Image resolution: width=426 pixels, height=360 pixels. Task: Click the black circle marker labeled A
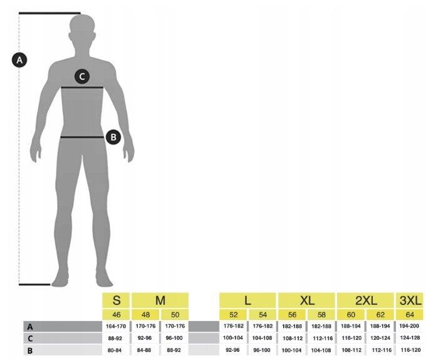coord(19,60)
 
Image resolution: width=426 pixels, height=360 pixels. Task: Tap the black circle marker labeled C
coord(81,76)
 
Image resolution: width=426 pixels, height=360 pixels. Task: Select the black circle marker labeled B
coord(113,136)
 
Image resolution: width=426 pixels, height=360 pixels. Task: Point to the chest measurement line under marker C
coord(82,88)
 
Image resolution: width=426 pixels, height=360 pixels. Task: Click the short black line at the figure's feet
coord(34,284)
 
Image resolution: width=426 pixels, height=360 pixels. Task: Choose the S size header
coord(116,300)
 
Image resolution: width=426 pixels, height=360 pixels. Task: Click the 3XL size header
coord(410,300)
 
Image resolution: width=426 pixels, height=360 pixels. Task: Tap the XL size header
coord(307,300)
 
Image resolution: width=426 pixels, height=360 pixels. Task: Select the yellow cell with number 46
coord(116,314)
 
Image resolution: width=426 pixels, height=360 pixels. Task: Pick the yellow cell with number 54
coord(262,314)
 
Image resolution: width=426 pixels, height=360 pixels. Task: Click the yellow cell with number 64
coord(410,314)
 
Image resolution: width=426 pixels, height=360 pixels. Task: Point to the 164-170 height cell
coord(116,326)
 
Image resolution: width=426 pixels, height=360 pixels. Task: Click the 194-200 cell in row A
coord(410,326)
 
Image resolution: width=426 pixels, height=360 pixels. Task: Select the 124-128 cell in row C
coord(410,338)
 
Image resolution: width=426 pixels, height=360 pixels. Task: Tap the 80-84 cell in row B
coord(116,350)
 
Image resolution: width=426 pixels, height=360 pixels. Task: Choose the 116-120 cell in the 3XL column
coord(410,350)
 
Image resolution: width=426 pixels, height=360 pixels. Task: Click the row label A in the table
coord(29,326)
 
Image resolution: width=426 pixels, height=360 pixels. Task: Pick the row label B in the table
coord(29,350)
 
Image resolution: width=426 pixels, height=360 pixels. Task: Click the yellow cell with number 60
coord(351,314)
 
